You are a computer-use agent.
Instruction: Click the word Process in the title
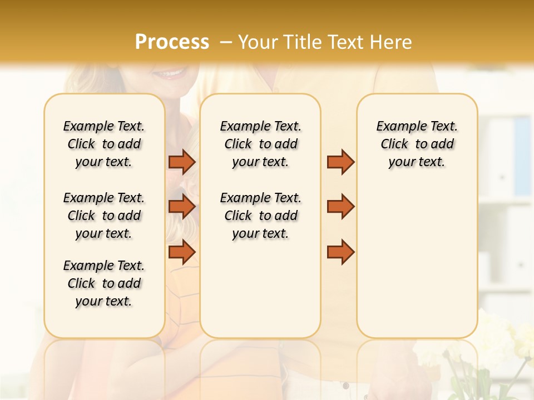tap(172, 42)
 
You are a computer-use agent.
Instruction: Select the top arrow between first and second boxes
tap(182, 162)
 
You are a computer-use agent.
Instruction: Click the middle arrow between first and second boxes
tap(182, 207)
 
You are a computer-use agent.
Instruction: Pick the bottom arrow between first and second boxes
tap(182, 252)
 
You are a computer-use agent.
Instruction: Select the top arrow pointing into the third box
tap(340, 162)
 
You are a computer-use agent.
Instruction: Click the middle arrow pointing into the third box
tap(340, 207)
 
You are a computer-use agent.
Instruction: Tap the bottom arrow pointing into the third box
tap(340, 252)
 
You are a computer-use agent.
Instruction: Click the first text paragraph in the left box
tap(104, 144)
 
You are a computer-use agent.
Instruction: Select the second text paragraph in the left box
tap(104, 216)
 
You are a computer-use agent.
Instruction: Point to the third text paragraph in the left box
tap(104, 283)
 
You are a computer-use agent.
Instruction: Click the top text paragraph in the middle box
tap(261, 144)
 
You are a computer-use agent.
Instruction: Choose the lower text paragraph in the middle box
tap(261, 216)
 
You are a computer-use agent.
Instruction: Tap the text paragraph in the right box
tap(417, 144)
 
